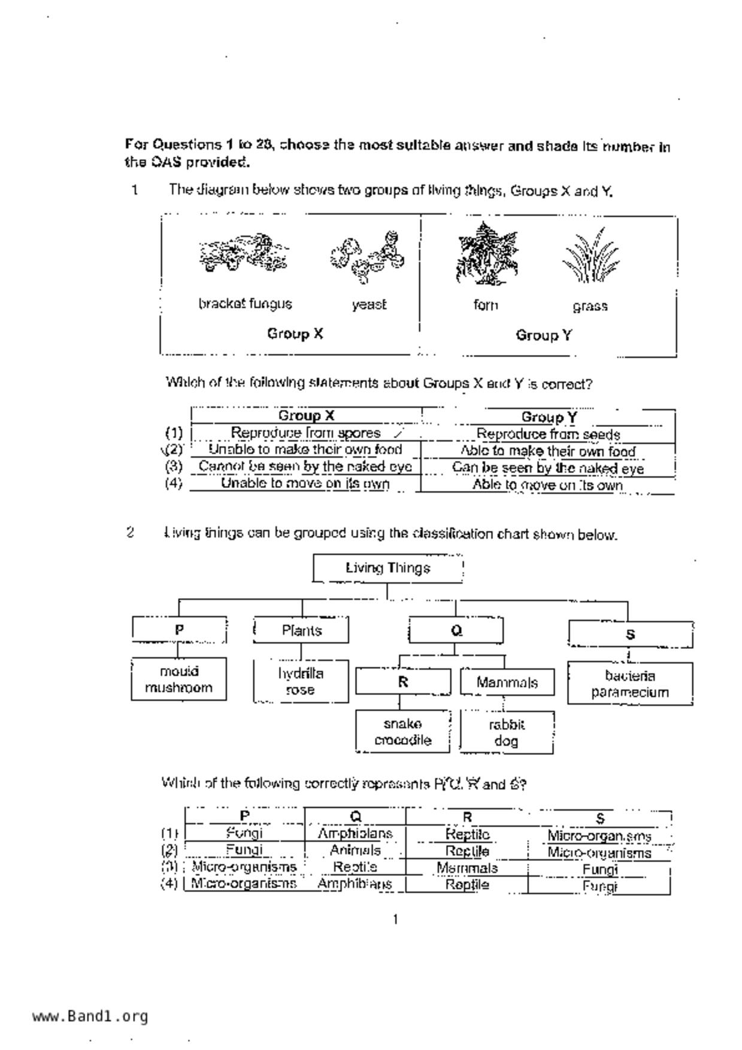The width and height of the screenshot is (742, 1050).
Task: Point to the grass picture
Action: (x=590, y=256)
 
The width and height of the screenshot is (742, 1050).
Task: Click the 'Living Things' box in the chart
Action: (x=388, y=568)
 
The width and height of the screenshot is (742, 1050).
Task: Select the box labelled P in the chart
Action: (x=179, y=630)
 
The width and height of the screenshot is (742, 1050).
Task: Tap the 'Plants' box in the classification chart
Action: (x=301, y=630)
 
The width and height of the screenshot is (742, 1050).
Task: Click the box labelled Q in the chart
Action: (x=456, y=630)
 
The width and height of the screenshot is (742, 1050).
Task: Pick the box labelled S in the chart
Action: (x=630, y=635)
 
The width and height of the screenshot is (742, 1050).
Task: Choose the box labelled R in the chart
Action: (x=403, y=682)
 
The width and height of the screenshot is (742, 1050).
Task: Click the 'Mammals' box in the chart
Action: (x=507, y=682)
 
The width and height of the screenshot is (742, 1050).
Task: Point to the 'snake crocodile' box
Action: (x=402, y=732)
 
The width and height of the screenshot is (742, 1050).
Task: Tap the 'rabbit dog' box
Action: (x=507, y=733)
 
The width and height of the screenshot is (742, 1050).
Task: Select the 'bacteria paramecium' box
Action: (x=630, y=684)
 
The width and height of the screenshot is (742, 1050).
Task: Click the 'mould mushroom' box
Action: (x=179, y=679)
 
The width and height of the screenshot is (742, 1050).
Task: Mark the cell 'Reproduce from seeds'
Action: (x=548, y=434)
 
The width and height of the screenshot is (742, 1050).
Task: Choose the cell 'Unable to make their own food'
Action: (x=305, y=450)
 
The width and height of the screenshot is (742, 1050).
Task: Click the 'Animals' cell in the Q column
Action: (x=355, y=850)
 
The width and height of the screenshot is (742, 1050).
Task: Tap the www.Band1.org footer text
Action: (x=90, y=1016)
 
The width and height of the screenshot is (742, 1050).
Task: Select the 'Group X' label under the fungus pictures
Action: (x=295, y=333)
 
